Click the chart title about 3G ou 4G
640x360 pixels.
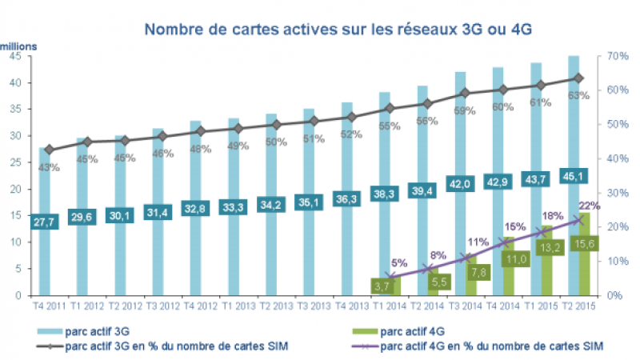coord(337,30)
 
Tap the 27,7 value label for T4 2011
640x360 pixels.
coord(46,220)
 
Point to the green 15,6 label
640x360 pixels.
coord(583,243)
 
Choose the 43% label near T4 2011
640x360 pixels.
coord(48,166)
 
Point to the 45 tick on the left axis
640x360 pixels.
coord(17,56)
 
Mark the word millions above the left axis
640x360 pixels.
coord(18,46)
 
